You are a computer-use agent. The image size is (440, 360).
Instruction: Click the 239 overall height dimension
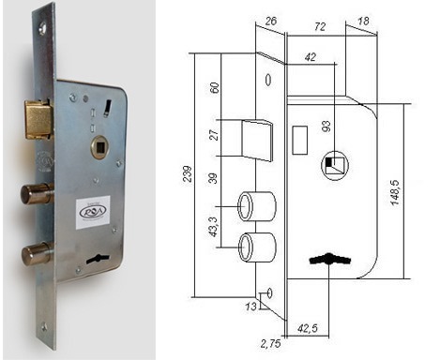pyautogui.click(x=188, y=174)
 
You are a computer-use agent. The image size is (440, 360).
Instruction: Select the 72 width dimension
pyautogui.click(x=320, y=26)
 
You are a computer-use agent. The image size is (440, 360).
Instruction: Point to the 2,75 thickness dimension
pyautogui.click(x=270, y=344)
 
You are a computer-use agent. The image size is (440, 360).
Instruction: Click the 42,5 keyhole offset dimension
pyautogui.click(x=308, y=328)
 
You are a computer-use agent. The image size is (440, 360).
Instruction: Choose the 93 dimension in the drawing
pyautogui.click(x=326, y=126)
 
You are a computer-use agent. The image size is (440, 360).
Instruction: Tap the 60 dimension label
pyautogui.click(x=214, y=88)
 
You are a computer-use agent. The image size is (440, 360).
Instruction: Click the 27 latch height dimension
pyautogui.click(x=214, y=135)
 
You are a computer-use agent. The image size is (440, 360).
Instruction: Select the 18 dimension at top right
pyautogui.click(x=363, y=22)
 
